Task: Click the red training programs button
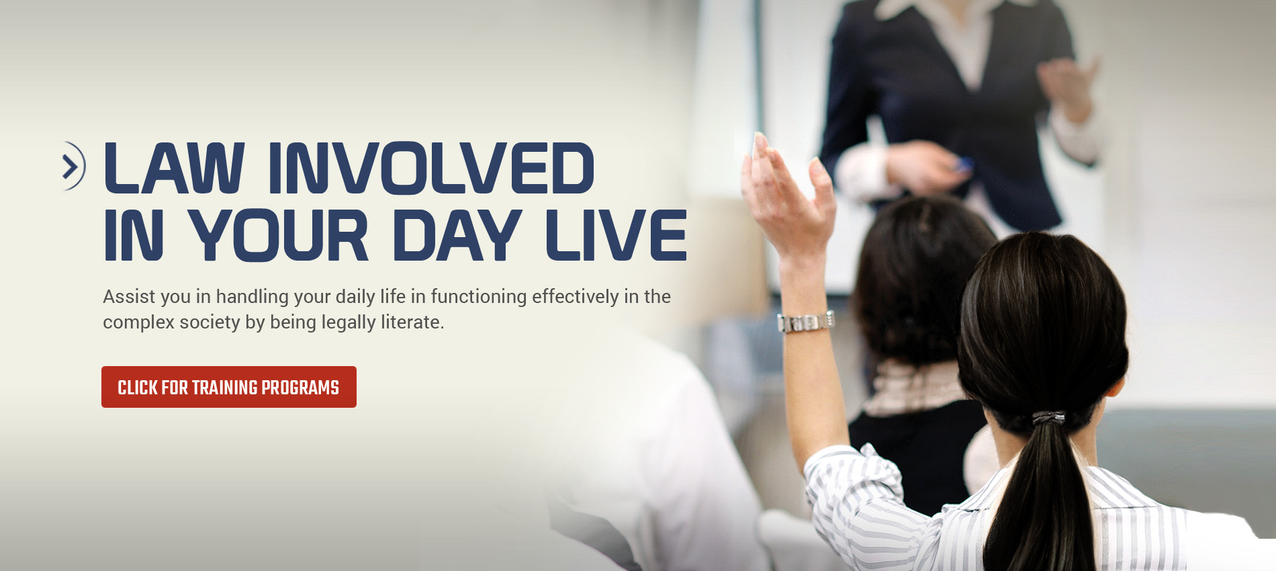click(x=229, y=387)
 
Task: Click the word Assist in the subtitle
click(x=129, y=296)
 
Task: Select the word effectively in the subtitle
click(x=576, y=296)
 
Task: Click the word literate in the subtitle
click(x=412, y=322)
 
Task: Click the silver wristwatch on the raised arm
click(x=806, y=322)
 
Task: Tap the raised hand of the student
click(x=787, y=194)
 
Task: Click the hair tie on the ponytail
click(x=1048, y=418)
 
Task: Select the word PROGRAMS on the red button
click(x=300, y=388)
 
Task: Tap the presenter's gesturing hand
click(x=1068, y=87)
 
